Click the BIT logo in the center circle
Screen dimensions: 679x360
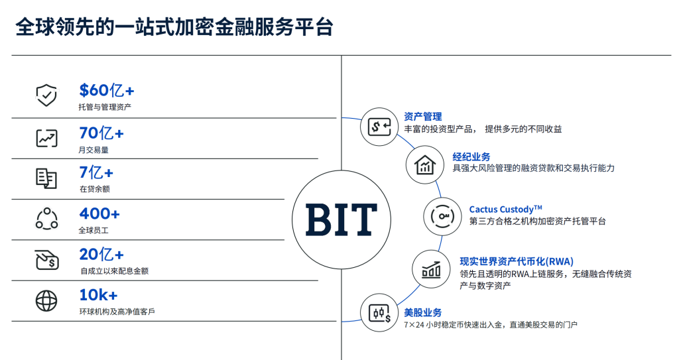point(341,219)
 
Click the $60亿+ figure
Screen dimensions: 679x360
point(107,90)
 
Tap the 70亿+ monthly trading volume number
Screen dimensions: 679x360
point(101,133)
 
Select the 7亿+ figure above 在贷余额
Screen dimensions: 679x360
point(96,173)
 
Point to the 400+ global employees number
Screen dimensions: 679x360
point(99,213)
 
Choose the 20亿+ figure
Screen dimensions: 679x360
point(101,255)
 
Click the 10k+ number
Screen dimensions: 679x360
point(98,295)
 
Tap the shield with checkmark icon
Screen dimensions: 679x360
point(46,95)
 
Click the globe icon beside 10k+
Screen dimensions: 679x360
point(46,300)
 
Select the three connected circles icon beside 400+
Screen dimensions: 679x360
point(46,218)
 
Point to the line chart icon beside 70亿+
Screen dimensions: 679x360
point(46,138)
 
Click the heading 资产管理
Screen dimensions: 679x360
point(422,117)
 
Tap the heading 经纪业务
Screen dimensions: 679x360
point(471,156)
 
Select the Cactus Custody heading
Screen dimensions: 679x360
point(506,210)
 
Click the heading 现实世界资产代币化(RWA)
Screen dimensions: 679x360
point(517,262)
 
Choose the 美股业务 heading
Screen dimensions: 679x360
point(422,312)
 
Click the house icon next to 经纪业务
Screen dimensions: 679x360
point(425,165)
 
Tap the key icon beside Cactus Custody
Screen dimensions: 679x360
point(442,217)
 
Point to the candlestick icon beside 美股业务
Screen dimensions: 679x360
point(379,313)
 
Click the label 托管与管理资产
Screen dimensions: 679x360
point(105,107)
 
